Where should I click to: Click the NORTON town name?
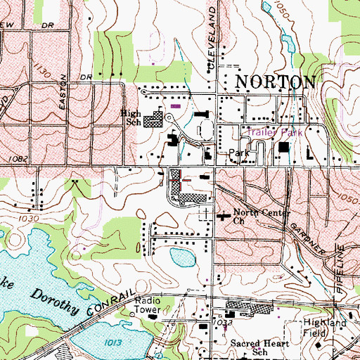274,82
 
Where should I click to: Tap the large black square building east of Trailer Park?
285,148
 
